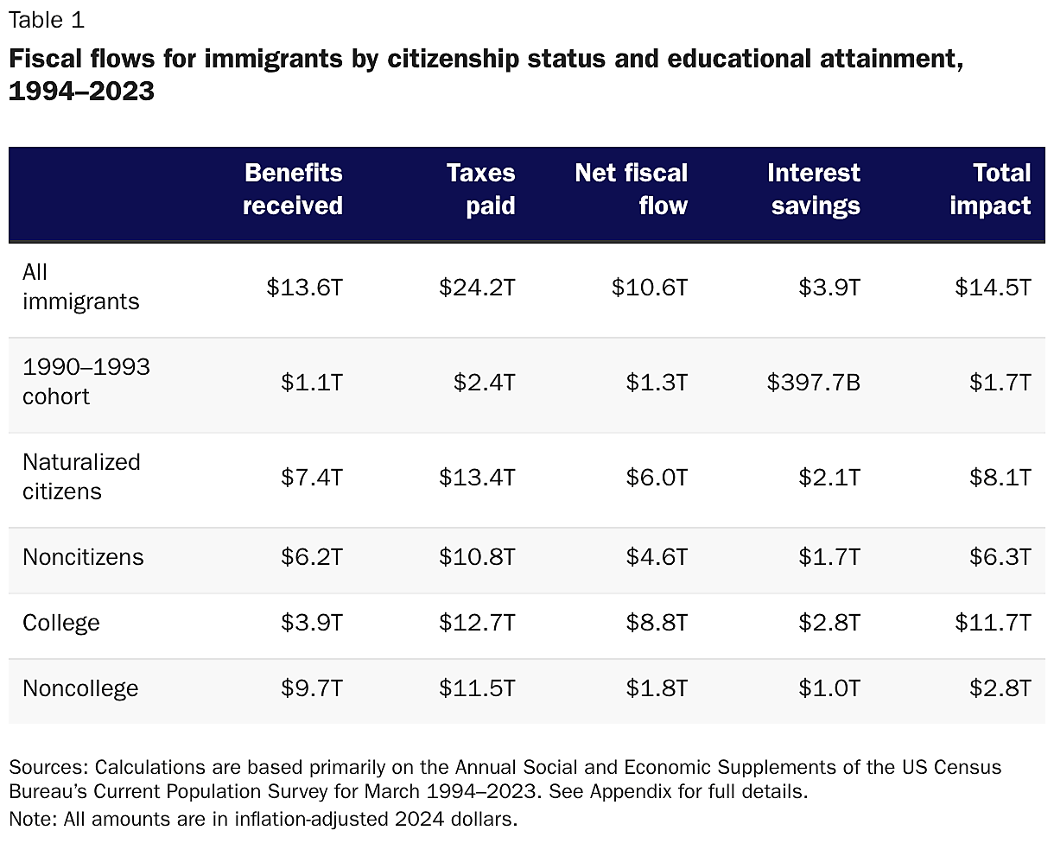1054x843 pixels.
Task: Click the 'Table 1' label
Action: click(x=47, y=20)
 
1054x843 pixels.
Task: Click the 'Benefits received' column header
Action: click(x=293, y=189)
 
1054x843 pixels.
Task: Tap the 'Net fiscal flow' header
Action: click(x=632, y=189)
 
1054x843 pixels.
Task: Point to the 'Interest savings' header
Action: click(x=814, y=189)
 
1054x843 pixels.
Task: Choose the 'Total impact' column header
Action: click(x=990, y=189)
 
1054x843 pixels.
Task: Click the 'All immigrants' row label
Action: click(x=80, y=287)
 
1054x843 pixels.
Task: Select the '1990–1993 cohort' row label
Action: click(x=86, y=382)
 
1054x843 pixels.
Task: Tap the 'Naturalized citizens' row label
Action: click(x=80, y=477)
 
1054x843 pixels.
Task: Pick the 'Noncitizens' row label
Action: click(x=83, y=557)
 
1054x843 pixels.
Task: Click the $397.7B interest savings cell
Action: click(x=813, y=383)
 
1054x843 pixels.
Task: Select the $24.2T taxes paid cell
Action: click(x=477, y=288)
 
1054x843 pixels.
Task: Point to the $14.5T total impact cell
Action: click(x=993, y=288)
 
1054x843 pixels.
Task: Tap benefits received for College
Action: click(x=311, y=623)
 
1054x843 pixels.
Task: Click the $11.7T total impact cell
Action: click(x=993, y=623)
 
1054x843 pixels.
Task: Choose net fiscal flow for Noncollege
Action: click(x=657, y=688)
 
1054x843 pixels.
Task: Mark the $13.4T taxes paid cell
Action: click(x=477, y=478)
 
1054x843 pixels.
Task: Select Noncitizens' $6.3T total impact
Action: click(x=1000, y=557)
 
